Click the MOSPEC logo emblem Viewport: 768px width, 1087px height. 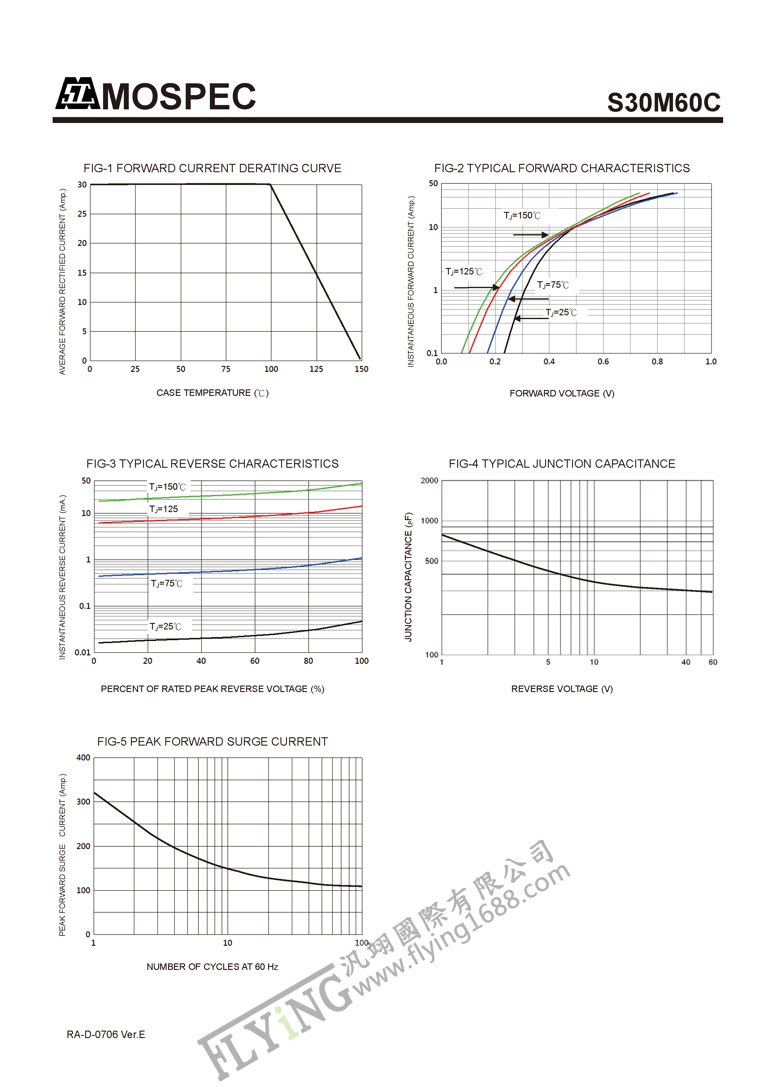(77, 94)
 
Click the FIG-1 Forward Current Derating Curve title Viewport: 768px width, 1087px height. (212, 168)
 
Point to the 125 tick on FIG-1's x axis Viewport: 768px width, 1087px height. (316, 369)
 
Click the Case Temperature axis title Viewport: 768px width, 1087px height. (212, 393)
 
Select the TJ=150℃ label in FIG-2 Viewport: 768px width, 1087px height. (522, 215)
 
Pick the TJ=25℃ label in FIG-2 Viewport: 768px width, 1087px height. (561, 313)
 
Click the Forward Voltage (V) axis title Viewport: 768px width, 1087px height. (562, 393)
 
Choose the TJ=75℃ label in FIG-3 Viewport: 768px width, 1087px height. (167, 583)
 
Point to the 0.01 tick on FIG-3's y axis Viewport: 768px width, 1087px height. (83, 652)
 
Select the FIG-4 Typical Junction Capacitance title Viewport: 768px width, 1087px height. (562, 463)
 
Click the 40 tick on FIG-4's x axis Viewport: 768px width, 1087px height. (686, 662)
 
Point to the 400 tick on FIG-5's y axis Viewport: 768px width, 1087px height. (83, 757)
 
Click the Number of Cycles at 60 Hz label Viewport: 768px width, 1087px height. (212, 967)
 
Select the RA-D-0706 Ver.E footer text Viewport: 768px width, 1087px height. (106, 1034)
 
